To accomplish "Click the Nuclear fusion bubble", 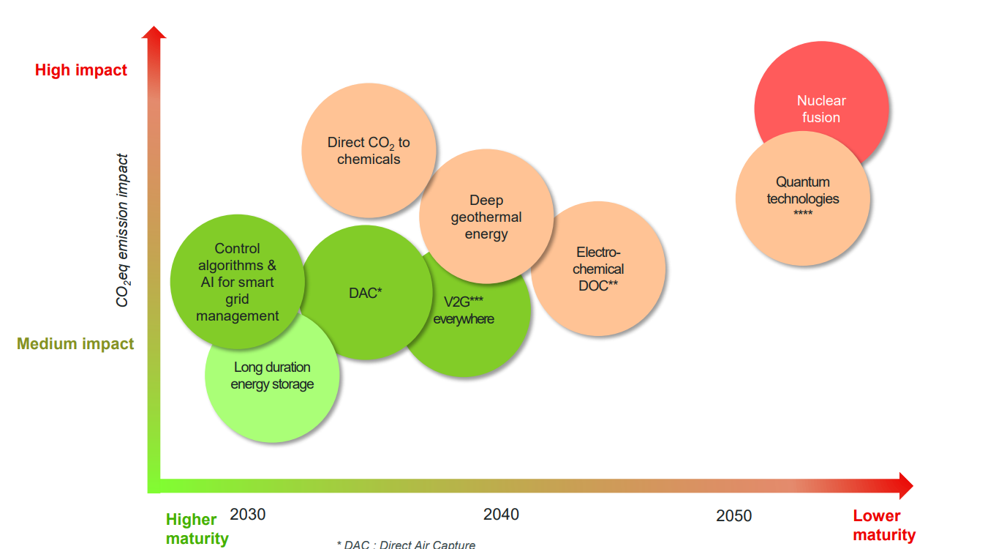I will click(821, 95).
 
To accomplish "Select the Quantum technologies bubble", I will click(803, 198).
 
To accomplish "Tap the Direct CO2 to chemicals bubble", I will click(369, 150).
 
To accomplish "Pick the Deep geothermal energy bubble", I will click(486, 217).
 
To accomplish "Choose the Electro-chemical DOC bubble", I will click(598, 269).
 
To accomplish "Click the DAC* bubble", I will click(366, 293).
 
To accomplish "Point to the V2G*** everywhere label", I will click(464, 310).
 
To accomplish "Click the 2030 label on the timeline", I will click(248, 515).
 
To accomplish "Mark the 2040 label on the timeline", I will click(501, 515).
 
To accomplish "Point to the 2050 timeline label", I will click(733, 516).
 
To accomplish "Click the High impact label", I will click(81, 70).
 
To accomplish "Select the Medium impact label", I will click(75, 344).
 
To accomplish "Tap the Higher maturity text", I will click(195, 529).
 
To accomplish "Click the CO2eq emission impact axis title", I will click(123, 231).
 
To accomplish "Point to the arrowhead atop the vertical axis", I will click(154, 34).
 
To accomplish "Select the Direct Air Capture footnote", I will click(406, 545).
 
